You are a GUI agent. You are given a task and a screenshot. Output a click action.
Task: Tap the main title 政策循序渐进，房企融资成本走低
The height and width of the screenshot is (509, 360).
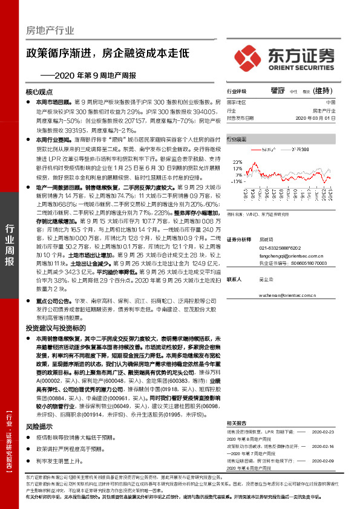tap(107, 53)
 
